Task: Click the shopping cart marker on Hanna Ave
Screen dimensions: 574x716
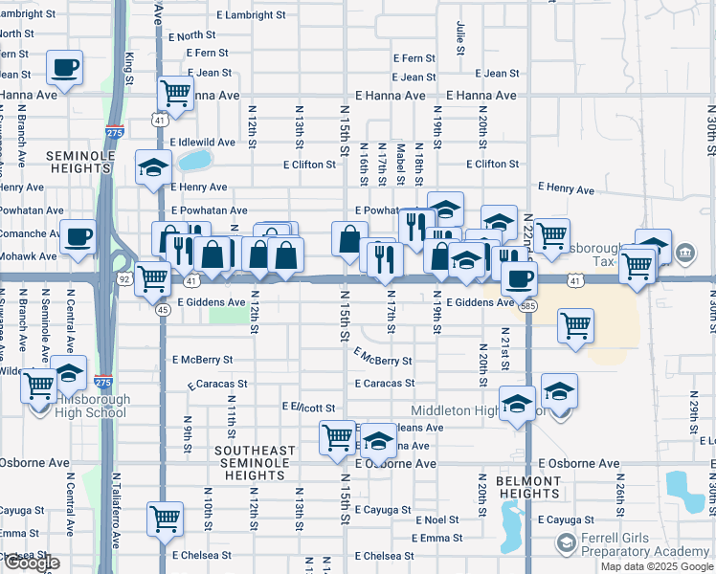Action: (176, 94)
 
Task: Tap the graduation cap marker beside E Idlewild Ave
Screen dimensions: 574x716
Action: (153, 168)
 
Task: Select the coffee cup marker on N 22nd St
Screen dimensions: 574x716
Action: (519, 277)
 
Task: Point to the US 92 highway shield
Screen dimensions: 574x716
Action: (124, 279)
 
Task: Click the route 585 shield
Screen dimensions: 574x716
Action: (527, 306)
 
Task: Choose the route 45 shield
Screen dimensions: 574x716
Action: (163, 309)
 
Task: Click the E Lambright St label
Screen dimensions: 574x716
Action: (251, 16)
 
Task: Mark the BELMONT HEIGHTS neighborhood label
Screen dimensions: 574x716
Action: (528, 487)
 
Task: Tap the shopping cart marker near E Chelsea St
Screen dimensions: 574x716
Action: (165, 519)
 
